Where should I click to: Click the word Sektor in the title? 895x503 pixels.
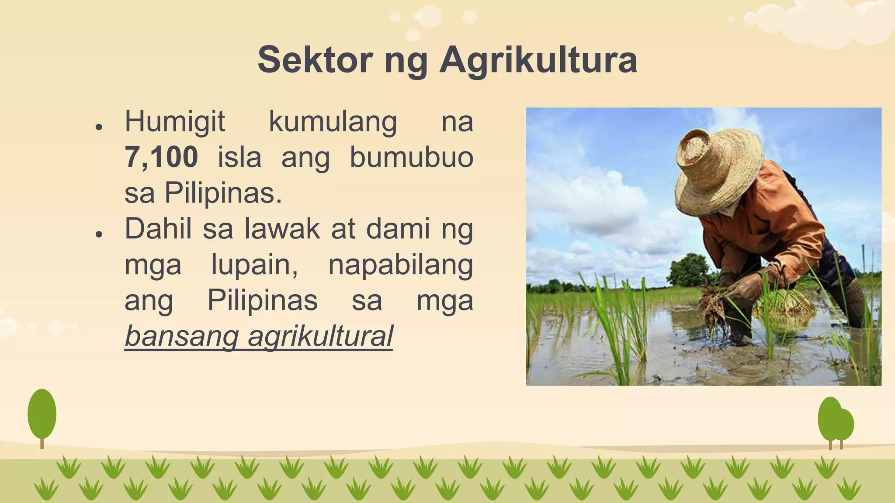[x=315, y=60]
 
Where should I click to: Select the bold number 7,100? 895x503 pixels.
[x=161, y=157]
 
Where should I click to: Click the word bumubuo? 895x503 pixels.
[x=411, y=157]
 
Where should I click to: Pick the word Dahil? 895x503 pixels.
[x=158, y=228]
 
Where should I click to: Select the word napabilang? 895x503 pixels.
[x=400, y=265]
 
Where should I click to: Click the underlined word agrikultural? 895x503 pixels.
[x=320, y=336]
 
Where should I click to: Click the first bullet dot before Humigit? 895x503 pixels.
[x=99, y=127]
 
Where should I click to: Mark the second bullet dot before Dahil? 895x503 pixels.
[x=99, y=234]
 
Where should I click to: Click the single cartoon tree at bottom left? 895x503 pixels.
[x=42, y=415]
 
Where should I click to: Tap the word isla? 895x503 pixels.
[x=239, y=157]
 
